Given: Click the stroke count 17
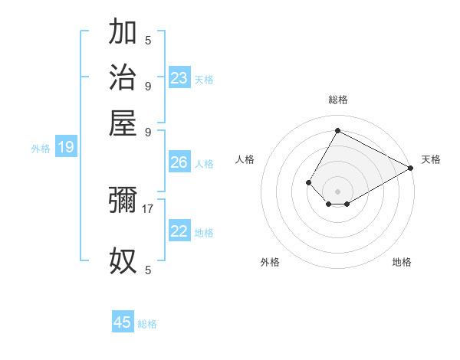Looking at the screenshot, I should click(149, 208).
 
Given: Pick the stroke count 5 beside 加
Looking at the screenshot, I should click(148, 40).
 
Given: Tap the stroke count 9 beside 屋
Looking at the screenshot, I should click(148, 131).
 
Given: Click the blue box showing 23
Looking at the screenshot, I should click(179, 77).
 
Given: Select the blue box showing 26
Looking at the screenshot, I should click(179, 162).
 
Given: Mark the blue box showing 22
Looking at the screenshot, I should click(179, 231).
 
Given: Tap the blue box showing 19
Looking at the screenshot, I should click(66, 148).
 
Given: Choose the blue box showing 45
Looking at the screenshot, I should click(123, 322).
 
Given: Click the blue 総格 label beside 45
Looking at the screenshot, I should click(148, 324).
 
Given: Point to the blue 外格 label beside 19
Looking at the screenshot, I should click(41, 149).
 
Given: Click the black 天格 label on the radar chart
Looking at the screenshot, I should click(431, 159).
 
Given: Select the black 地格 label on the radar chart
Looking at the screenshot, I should click(402, 262).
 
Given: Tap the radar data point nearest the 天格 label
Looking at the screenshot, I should click(410, 168).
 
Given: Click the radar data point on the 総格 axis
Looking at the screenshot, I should click(337, 131).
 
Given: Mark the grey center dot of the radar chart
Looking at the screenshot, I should click(337, 191).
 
